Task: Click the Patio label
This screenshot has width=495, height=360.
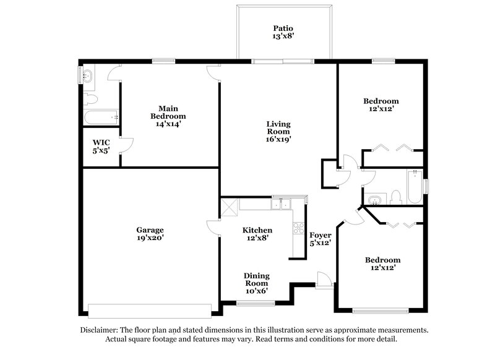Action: click(x=283, y=28)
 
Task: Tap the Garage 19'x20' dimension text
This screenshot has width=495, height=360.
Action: click(x=150, y=238)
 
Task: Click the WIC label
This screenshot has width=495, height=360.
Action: click(x=101, y=142)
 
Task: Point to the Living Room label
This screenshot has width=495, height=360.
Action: click(x=278, y=127)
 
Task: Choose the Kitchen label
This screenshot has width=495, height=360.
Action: click(x=257, y=230)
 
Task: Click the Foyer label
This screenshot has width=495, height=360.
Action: click(x=321, y=236)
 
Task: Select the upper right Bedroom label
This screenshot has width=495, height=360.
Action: click(x=381, y=101)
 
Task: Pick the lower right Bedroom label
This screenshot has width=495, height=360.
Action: click(x=382, y=260)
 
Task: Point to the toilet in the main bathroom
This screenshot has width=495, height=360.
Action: click(x=90, y=98)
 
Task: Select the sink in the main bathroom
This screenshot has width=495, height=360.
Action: click(x=88, y=76)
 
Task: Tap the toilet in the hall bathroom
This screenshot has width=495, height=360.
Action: click(x=396, y=197)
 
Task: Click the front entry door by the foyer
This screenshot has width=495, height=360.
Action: click(x=324, y=279)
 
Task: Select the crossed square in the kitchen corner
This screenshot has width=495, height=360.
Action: click(x=230, y=205)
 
